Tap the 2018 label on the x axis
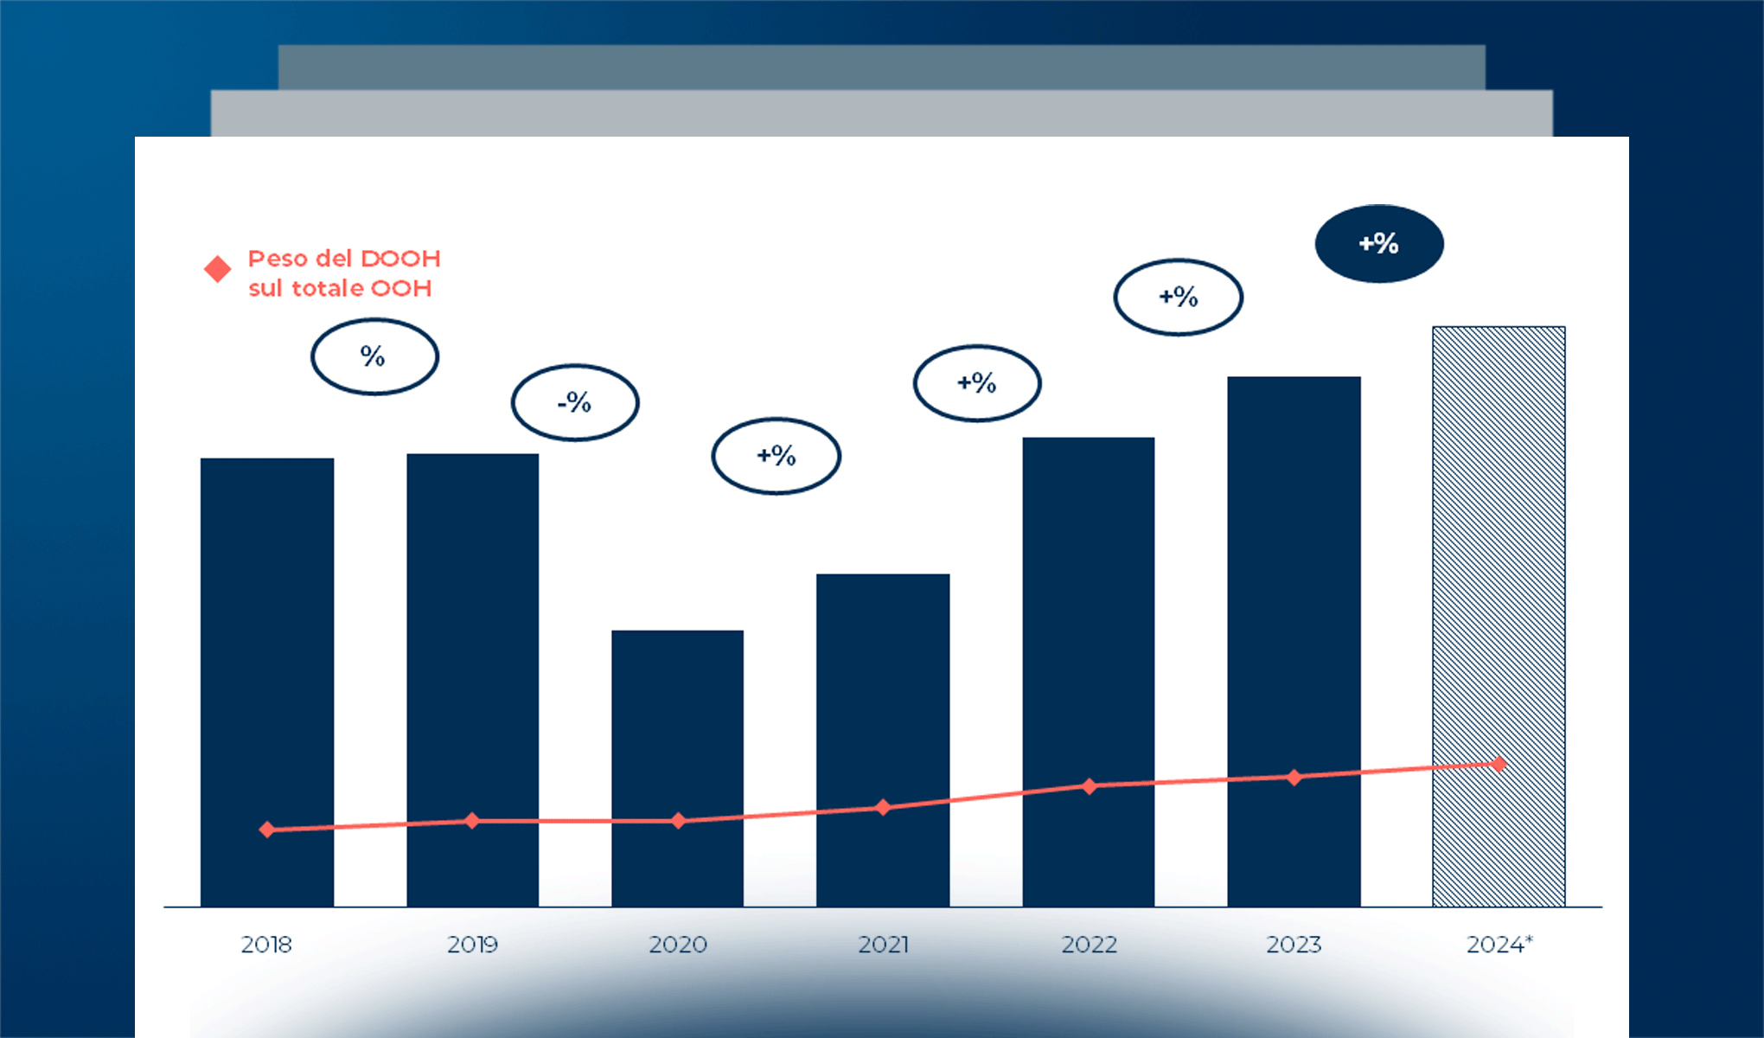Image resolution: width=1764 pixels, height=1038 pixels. (266, 945)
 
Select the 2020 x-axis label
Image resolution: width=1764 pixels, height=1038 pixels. (678, 945)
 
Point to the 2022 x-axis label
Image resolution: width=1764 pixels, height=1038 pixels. (1089, 945)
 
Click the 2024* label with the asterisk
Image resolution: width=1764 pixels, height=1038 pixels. (1499, 945)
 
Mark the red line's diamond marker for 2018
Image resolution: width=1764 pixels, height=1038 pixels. (267, 830)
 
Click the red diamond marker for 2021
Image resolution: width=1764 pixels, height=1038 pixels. (883, 807)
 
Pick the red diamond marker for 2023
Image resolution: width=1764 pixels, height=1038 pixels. (1294, 777)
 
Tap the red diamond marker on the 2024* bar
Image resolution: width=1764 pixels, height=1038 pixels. (1499, 764)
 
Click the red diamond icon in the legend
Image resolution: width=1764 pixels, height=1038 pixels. (218, 269)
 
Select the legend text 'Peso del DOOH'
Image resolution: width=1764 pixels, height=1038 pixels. (344, 259)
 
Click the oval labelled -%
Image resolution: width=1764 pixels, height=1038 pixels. (575, 402)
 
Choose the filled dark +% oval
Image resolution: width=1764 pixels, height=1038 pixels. (1379, 244)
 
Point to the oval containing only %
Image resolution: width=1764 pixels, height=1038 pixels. (374, 356)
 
